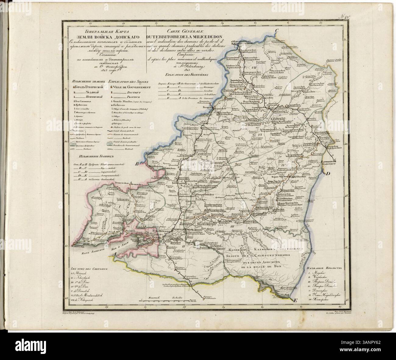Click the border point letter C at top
278,30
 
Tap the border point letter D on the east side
328,174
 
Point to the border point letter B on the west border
137,164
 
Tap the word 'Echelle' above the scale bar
176,298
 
